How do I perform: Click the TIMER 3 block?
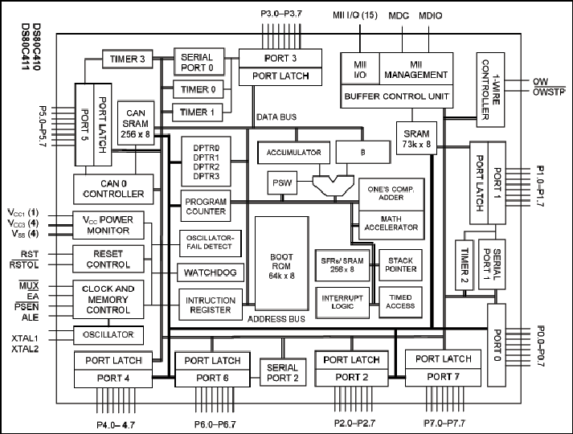click(x=127, y=59)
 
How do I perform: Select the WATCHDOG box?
click(x=211, y=272)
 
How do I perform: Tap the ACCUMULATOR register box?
click(x=294, y=153)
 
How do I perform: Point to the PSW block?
click(x=282, y=182)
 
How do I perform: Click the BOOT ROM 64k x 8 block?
click(x=282, y=264)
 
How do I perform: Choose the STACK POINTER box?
click(x=400, y=265)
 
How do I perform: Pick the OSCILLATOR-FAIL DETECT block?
click(x=210, y=244)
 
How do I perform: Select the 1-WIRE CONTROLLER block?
click(x=490, y=90)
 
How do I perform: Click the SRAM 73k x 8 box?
click(x=416, y=138)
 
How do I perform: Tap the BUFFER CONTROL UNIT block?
click(x=396, y=96)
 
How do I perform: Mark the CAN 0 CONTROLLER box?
click(x=113, y=189)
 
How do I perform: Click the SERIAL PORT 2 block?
click(x=282, y=372)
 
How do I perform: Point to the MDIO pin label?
click(x=430, y=16)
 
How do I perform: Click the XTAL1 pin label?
click(x=25, y=338)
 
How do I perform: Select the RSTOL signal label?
click(x=24, y=264)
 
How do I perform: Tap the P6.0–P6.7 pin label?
click(x=215, y=424)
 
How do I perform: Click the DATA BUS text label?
click(x=276, y=117)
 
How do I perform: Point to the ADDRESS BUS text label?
click(x=276, y=319)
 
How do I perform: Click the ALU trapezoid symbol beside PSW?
click(x=334, y=186)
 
